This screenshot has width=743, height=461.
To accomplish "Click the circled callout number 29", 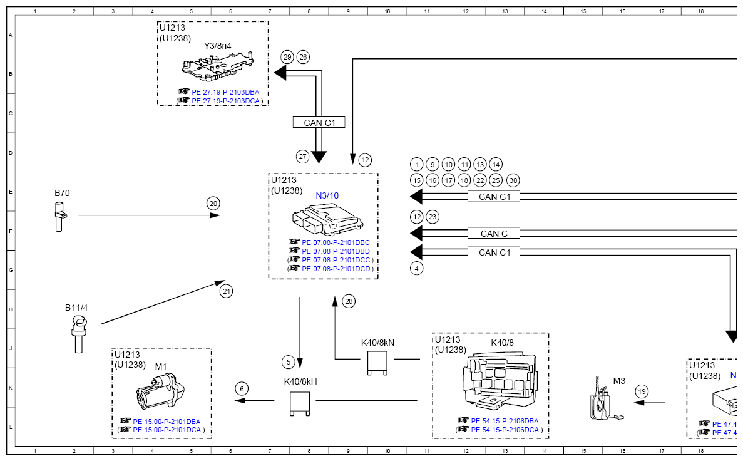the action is click(x=287, y=58).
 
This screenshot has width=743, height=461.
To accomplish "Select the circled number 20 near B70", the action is click(x=213, y=204).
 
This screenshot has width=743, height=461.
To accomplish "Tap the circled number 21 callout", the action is click(x=227, y=291).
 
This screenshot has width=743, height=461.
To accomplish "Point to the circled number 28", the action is click(x=349, y=301).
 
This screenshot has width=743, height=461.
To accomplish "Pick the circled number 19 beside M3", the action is click(x=642, y=391).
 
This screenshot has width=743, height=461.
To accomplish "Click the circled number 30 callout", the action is click(x=513, y=180).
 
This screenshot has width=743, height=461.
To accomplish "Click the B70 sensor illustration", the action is click(x=59, y=217).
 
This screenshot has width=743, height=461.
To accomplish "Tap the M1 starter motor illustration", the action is click(x=160, y=391).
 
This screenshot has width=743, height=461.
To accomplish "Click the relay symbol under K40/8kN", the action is click(x=377, y=364).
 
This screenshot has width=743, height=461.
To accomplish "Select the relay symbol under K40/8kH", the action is click(x=299, y=403).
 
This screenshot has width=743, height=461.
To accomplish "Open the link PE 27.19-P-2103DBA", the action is click(x=225, y=92).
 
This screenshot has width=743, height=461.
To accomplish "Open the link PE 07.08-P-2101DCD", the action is click(x=336, y=269).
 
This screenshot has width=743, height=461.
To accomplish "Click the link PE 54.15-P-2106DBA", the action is click(x=505, y=421).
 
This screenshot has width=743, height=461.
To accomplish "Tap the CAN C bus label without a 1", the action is click(x=494, y=234).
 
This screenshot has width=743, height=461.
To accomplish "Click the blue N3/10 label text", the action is click(x=327, y=195).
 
